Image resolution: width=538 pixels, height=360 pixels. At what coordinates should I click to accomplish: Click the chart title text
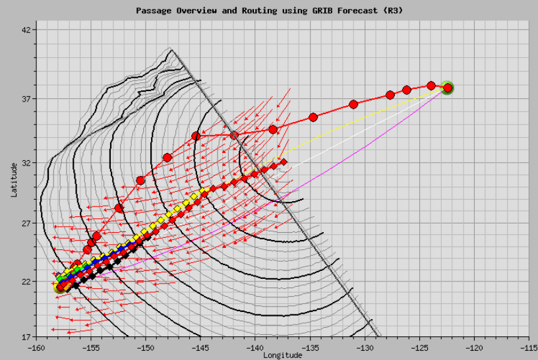coord(269,11)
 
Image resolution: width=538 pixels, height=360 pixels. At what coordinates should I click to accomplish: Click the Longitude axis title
coord(283,355)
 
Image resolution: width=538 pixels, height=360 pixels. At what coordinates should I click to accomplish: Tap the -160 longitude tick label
coord(36,346)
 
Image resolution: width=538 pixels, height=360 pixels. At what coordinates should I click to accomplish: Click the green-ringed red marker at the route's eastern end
coord(448,88)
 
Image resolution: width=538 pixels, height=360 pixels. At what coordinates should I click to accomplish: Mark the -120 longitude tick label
coord(474,346)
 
